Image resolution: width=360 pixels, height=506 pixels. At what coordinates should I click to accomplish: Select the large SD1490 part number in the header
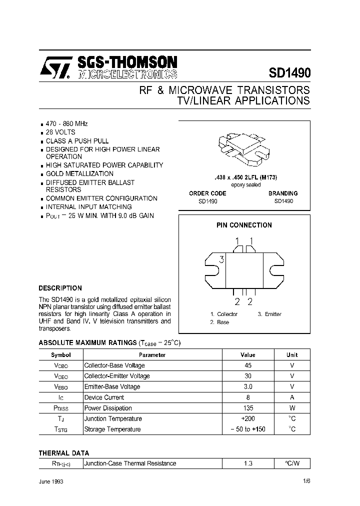pos(289,72)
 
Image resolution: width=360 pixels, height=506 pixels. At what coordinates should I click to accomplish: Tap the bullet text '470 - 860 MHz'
pos(67,123)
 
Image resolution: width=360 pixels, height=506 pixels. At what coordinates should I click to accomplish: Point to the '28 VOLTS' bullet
pos(60,132)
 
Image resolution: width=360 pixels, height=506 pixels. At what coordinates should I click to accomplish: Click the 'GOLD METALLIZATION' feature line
pos(79,173)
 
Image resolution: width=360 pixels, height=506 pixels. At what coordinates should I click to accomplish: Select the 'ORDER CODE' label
pos(207,193)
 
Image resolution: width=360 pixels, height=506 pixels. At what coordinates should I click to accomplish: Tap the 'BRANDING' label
pos(283,193)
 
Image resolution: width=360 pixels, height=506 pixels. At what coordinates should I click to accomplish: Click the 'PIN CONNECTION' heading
pos(244,225)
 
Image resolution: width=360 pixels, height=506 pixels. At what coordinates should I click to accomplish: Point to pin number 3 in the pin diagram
pos(221,259)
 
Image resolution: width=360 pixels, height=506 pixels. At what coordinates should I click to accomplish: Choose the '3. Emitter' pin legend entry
pos(269,314)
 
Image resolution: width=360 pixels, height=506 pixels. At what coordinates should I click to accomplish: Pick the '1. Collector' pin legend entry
pos(223,314)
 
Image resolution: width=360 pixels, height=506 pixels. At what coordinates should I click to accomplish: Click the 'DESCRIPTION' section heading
pos(60,288)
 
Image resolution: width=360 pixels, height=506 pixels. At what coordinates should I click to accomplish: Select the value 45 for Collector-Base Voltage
pos(247,365)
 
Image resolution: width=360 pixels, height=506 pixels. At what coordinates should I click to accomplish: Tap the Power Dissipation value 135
pos(247,408)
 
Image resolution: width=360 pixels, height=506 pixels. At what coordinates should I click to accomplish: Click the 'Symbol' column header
pos(61,355)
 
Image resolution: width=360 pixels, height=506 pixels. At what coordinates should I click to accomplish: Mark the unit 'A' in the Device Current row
pos(292,397)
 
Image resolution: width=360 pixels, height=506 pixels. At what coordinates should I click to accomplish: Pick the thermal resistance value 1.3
pos(247,463)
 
